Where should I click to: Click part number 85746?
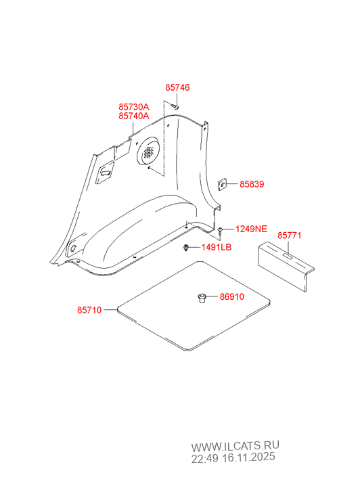pos(177,87)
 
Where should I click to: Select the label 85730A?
pos(134,107)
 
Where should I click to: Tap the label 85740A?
pos(134,116)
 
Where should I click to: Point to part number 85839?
pos(252,184)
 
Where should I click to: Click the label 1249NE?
pos(252,229)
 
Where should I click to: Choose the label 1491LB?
pos(217,247)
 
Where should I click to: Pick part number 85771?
pos(289,236)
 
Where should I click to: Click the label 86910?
pos(231,296)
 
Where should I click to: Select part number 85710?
pos(89,310)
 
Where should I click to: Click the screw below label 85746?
pos(176,107)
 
